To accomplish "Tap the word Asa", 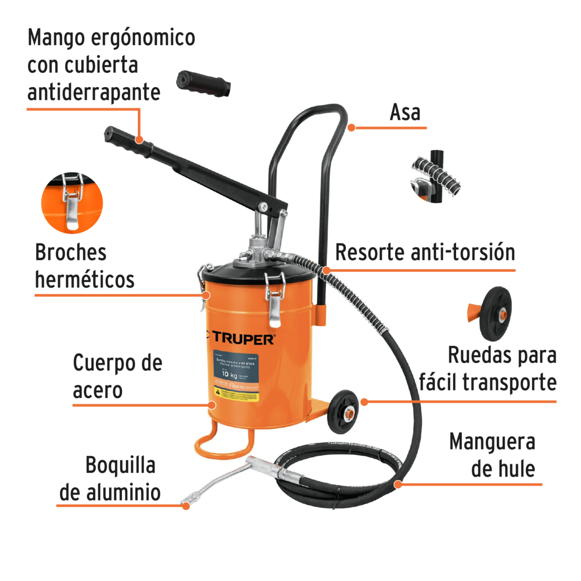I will point(405,112).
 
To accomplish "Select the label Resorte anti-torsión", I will point(425,252).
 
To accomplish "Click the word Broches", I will point(71,252).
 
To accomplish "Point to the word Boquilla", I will point(121,465).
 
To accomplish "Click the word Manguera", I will point(492,442).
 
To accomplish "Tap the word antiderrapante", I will point(93,92).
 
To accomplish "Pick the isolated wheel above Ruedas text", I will point(494,313).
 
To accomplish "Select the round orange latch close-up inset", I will point(72,203).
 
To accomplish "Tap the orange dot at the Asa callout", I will point(352,128).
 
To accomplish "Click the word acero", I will point(97,390).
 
